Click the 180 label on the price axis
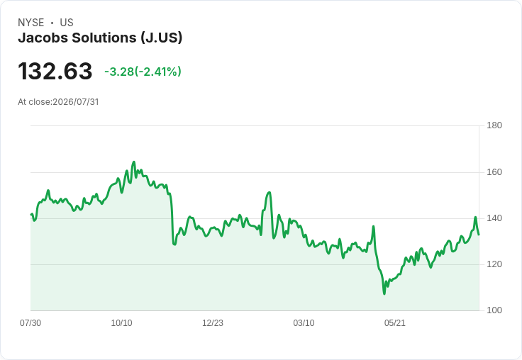(x=494, y=125)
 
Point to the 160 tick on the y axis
(x=494, y=172)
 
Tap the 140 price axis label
(x=494, y=218)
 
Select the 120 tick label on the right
(x=494, y=264)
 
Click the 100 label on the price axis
(x=494, y=310)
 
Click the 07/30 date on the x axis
(x=30, y=322)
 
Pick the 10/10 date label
(x=121, y=322)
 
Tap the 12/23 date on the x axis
(x=213, y=322)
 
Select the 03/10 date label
(x=304, y=322)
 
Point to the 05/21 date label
(x=395, y=322)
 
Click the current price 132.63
(x=55, y=71)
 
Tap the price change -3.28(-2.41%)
(x=143, y=72)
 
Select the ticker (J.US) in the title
(x=162, y=38)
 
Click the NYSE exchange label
(x=31, y=23)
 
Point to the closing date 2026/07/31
(x=76, y=102)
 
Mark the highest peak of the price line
(x=134, y=162)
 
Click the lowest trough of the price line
(x=384, y=294)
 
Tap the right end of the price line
(x=479, y=235)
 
